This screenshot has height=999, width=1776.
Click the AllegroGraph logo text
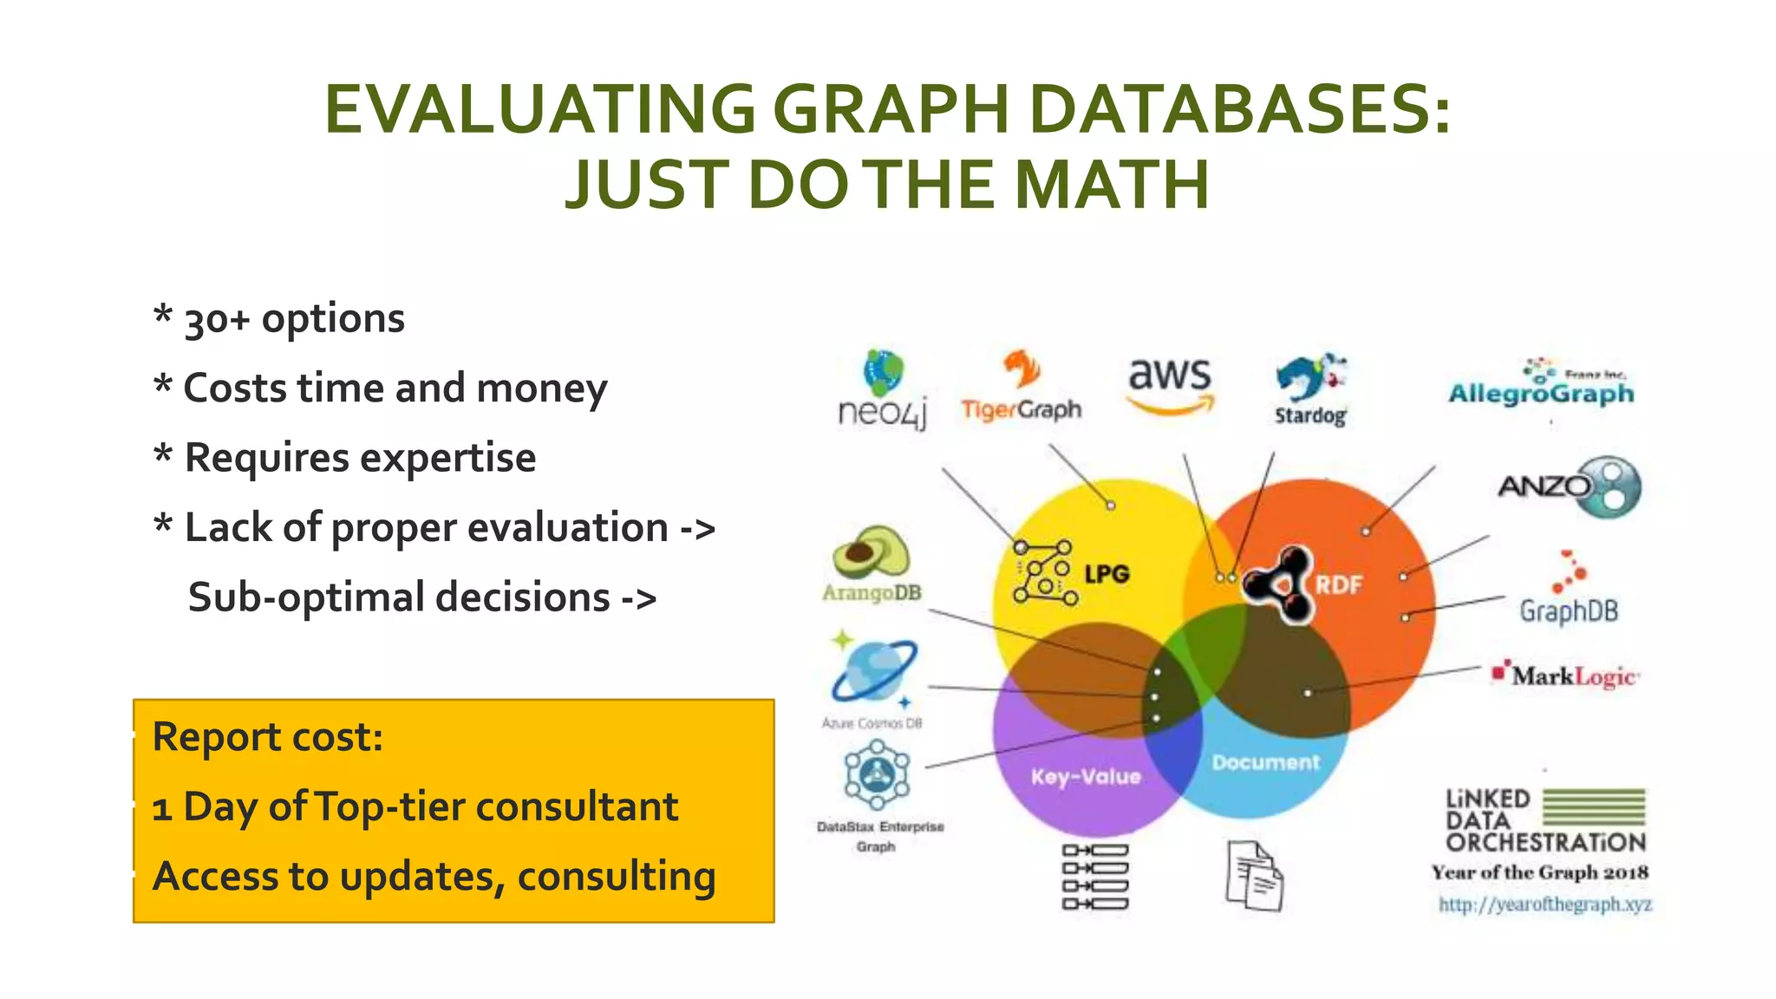(1541, 394)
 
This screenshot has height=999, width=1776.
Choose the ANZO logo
(1570, 486)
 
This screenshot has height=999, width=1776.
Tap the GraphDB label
(1569, 610)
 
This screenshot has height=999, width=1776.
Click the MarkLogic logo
(1566, 676)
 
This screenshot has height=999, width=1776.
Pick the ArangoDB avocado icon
(871, 553)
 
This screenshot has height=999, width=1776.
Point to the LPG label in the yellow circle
(1107, 574)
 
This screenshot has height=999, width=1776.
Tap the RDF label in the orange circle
(1338, 585)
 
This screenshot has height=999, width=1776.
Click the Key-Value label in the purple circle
(1086, 777)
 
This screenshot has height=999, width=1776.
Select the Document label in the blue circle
(1265, 763)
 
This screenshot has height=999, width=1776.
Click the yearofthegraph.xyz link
(1544, 904)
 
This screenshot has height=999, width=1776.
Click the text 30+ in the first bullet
(217, 320)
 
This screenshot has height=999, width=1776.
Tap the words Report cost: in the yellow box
(267, 738)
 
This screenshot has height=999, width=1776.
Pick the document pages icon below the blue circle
(1254, 876)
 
